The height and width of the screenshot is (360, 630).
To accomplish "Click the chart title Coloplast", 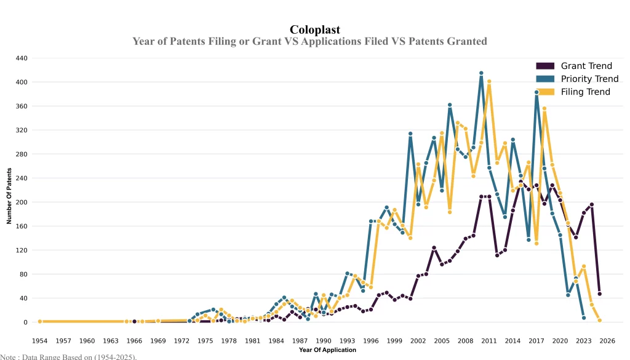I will pos(314,30).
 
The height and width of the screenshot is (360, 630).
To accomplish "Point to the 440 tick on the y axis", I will pos(22,58).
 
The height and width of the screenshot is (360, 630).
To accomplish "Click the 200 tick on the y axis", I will pos(22,202).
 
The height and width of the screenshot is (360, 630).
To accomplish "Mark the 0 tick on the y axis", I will pos(25,322).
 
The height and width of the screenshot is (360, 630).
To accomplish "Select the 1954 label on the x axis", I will pos(40,340).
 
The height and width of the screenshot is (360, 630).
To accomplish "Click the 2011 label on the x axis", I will pos(489,340).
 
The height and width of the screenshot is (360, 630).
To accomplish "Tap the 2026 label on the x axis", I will pos(607,340).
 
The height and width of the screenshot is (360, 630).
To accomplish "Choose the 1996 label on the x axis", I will pos(371,340).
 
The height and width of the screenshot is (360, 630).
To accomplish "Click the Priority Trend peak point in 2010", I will pos(481,73).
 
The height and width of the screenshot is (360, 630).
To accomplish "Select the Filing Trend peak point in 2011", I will pos(489,81).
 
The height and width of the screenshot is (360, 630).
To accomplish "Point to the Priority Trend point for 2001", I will pos(410,134).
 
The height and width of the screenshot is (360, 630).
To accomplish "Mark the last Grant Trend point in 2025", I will pos(599,294).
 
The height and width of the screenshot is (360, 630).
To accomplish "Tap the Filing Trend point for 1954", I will pos(40,321).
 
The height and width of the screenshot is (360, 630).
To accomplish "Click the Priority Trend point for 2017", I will pos(536,92).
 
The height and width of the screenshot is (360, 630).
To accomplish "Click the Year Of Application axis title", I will pos(327,350).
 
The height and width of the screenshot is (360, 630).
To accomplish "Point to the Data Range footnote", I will pos(68,356).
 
